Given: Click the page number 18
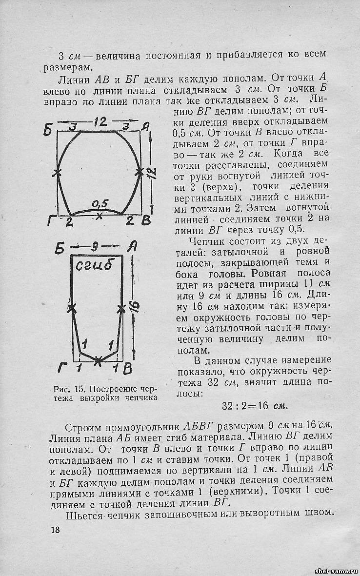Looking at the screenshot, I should coord(55,530).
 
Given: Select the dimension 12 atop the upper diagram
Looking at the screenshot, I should coord(100,120).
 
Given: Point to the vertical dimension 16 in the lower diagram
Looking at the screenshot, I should coord(135,306).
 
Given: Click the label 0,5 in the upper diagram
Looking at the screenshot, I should coord(100,203).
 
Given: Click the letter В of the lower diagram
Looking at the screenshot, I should coord(128,369).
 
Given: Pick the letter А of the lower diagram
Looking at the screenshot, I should coord(131,248).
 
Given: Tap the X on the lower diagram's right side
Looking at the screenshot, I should coord(121,308).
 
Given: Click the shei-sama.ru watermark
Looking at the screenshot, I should coord(337,571).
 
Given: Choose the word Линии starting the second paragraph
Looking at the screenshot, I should coord(73,78).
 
